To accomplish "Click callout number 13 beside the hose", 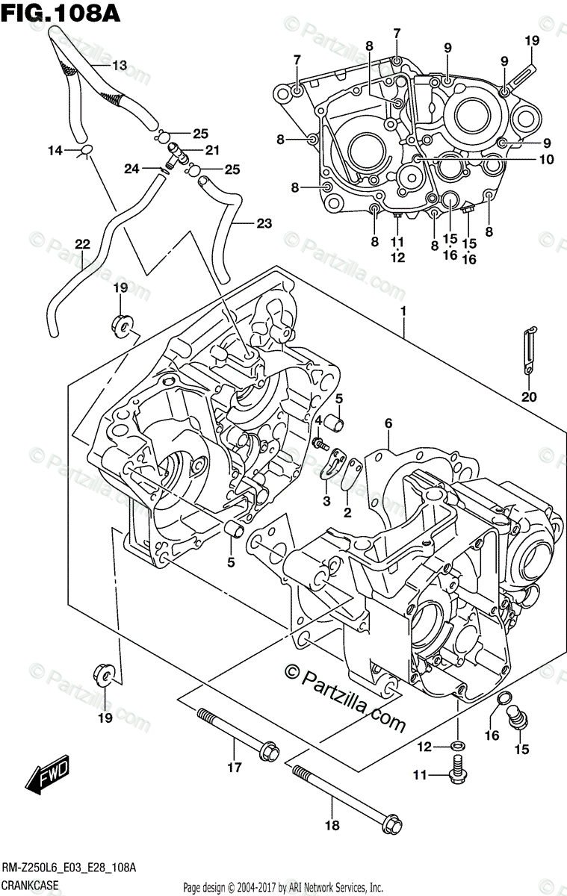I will (x=120, y=66).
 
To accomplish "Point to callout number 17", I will (x=234, y=767).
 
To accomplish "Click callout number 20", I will (x=529, y=396).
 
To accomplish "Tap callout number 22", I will (x=82, y=243).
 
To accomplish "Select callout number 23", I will (x=264, y=223).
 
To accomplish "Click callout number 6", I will (x=388, y=423).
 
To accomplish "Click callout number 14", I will (x=55, y=151).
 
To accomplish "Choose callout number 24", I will (x=131, y=169).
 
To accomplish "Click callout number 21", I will (x=212, y=150).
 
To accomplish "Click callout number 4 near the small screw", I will (x=317, y=421).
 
